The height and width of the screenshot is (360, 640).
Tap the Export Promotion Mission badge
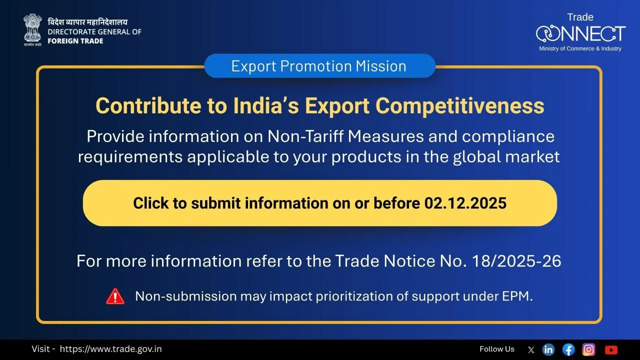click(x=319, y=66)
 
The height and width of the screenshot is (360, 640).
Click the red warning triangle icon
click(x=115, y=296)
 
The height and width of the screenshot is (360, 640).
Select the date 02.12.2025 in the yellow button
click(x=465, y=203)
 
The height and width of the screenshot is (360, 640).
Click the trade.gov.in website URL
click(x=110, y=349)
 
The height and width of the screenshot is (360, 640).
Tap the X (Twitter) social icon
click(x=531, y=349)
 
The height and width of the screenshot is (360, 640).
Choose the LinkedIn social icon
click(x=548, y=349)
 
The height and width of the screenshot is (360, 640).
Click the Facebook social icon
click(x=568, y=349)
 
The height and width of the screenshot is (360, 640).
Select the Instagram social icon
click(x=589, y=349)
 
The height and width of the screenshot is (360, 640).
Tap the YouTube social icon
click(x=611, y=349)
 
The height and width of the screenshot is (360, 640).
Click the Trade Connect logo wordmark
click(x=580, y=33)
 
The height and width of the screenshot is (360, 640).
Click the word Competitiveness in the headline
click(x=460, y=106)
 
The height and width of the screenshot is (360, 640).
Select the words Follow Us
click(x=496, y=349)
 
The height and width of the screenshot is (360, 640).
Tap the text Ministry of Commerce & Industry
click(x=580, y=48)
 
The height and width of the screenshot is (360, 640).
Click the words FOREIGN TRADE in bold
click(x=75, y=40)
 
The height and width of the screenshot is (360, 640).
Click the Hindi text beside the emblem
click(x=87, y=22)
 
